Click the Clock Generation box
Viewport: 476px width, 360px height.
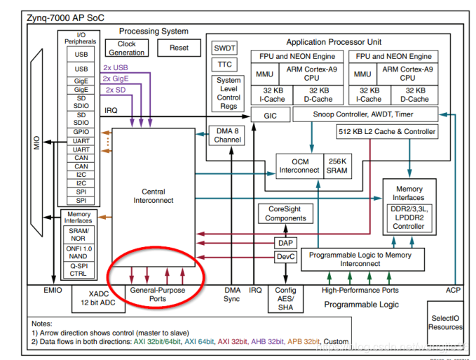click(127, 48)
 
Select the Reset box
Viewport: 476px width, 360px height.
click(179, 48)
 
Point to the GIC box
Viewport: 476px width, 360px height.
click(271, 115)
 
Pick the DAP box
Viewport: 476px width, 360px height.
click(285, 242)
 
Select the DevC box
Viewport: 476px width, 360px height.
click(285, 258)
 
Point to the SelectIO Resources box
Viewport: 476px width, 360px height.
click(446, 322)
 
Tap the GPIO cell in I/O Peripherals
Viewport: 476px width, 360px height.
click(82, 131)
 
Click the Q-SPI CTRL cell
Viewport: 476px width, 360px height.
click(79, 271)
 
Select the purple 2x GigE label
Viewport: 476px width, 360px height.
click(118, 79)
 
